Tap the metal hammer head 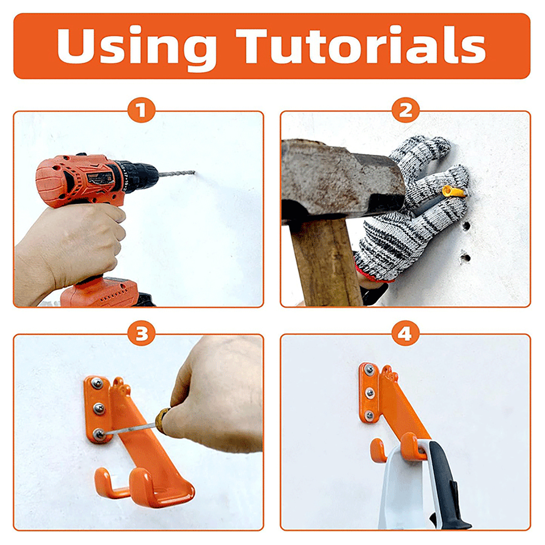click(x=342, y=181)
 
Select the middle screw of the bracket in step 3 click(x=98, y=408)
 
